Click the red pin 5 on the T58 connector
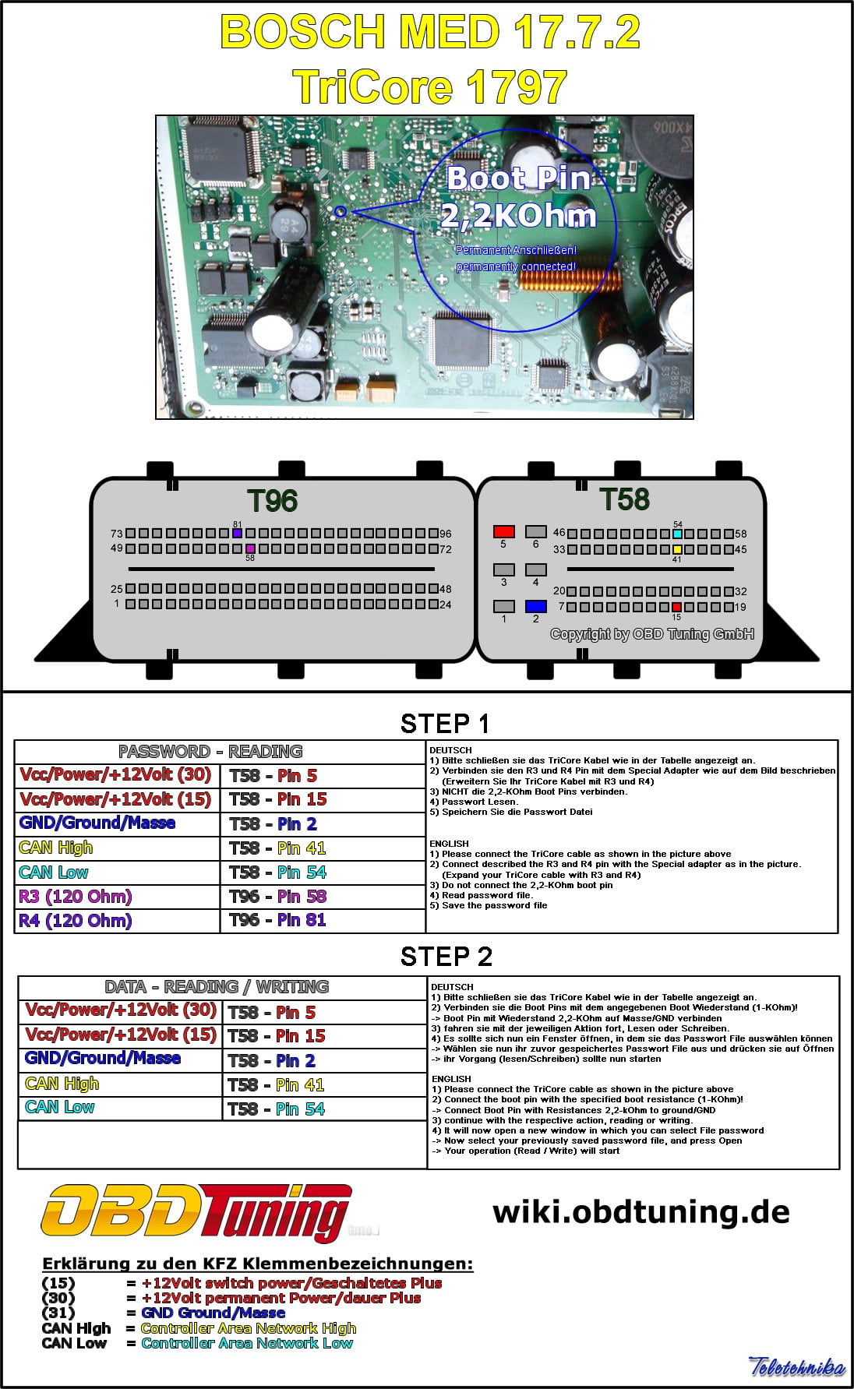pyautogui.click(x=503, y=532)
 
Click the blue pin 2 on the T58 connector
pyautogui.click(x=535, y=606)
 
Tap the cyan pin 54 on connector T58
pyautogui.click(x=677, y=534)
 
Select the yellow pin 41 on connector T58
pyautogui.click(x=677, y=549)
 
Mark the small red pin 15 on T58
pyautogui.click(x=676, y=607)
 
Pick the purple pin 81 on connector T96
pyautogui.click(x=237, y=534)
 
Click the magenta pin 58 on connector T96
pyautogui.click(x=250, y=548)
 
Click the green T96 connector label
pyautogui.click(x=272, y=500)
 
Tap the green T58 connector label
pyautogui.click(x=624, y=499)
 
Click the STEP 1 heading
pyautogui.click(x=445, y=724)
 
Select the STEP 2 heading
pyautogui.click(x=446, y=956)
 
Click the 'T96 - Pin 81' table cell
pyautogui.click(x=278, y=920)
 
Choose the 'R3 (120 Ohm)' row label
pyautogui.click(x=76, y=897)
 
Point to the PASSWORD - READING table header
pyautogui.click(x=210, y=752)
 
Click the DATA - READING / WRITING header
pyautogui.click(x=217, y=987)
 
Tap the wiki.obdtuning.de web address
pyautogui.click(x=640, y=1211)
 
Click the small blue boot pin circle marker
pyautogui.click(x=341, y=211)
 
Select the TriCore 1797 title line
pyautogui.click(x=429, y=86)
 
